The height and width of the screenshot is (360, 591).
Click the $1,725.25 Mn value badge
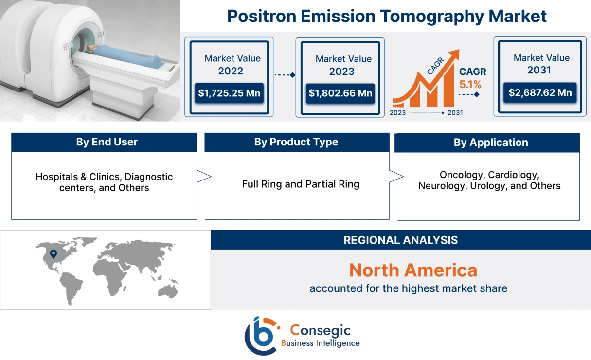(230, 93)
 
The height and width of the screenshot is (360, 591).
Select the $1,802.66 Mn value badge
(340, 93)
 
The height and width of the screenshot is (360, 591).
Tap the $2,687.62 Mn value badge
(540, 92)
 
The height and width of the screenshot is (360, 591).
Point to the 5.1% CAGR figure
(470, 84)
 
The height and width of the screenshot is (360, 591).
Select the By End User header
(107, 142)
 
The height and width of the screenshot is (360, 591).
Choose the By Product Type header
(296, 142)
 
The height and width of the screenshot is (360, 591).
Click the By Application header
(490, 143)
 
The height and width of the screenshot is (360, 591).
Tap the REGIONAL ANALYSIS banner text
(400, 240)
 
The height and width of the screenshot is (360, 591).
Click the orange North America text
(413, 270)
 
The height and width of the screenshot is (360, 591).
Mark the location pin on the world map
(54, 254)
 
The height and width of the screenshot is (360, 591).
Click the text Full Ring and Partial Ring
(300, 184)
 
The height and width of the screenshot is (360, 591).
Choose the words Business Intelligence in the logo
(320, 343)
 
